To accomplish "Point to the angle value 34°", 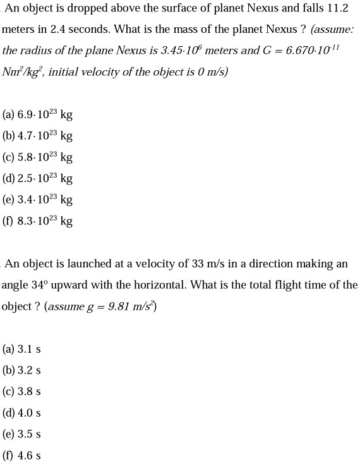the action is coord(39,285).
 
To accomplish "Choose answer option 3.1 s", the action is coord(30,349).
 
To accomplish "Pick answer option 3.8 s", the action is coord(30,391).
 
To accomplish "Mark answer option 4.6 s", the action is coord(30,455).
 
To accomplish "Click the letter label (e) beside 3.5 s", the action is coord(9,434).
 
